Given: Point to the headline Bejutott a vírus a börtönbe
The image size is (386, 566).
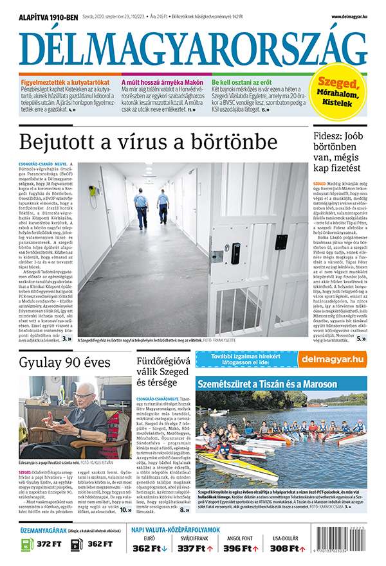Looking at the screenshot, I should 149,141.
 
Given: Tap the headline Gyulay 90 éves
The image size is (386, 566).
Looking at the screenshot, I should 57,363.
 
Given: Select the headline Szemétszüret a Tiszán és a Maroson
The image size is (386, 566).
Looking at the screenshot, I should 267,384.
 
